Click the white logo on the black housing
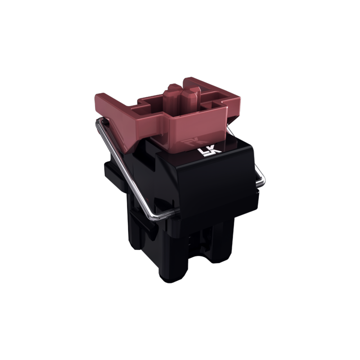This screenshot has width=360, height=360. pos(209,152)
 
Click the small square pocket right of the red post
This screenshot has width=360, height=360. pos(212,105)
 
